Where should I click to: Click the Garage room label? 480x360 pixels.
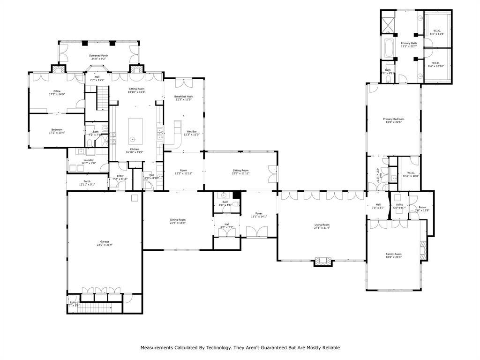tap(104, 242)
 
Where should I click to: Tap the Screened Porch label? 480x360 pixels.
tap(98, 56)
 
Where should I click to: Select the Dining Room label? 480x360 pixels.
tap(178, 220)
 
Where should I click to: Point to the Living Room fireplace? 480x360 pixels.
tap(322, 262)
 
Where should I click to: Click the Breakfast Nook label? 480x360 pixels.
tap(183, 97)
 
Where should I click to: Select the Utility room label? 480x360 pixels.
tap(399, 205)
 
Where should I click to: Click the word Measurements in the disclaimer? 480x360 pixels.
tap(158, 348)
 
